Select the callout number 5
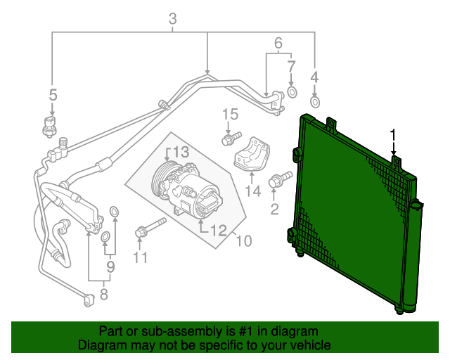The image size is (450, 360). pyautogui.click(x=52, y=94)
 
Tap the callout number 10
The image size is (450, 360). pyautogui.click(x=243, y=241)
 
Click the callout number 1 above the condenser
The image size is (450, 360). pyautogui.click(x=394, y=134)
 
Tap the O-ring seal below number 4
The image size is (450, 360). pyautogui.click(x=314, y=103)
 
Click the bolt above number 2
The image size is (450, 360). pyautogui.click(x=278, y=180)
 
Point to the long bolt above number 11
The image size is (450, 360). pyautogui.click(x=149, y=228)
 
